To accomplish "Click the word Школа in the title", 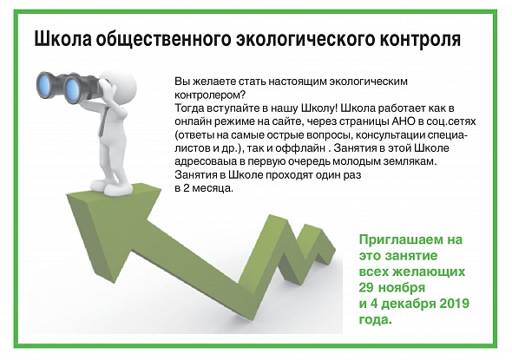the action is tap(62, 39).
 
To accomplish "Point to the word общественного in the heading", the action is tap(164, 40).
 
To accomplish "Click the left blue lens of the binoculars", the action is tap(44, 86).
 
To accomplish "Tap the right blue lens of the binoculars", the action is tap(72, 88).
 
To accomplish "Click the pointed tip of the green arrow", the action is tap(67, 195).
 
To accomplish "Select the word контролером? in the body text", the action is tap(210, 95).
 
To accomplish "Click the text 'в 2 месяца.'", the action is tap(204, 188).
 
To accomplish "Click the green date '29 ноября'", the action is tap(392, 287).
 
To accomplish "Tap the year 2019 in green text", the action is tap(454, 304).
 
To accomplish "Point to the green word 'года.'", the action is tap(375, 319).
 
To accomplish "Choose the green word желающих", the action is tap(428, 272).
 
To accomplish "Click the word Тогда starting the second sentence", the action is tap(189, 108).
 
